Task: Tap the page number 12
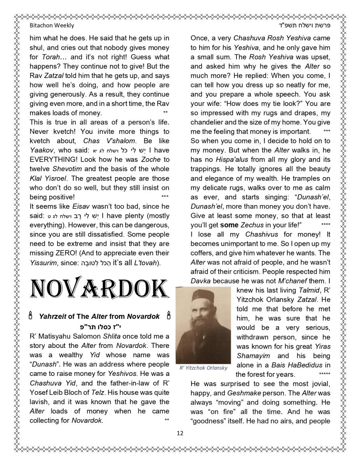point(180,433)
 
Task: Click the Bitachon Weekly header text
point(52,26)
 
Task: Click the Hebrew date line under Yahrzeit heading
point(99,326)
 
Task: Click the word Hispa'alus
point(217,160)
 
